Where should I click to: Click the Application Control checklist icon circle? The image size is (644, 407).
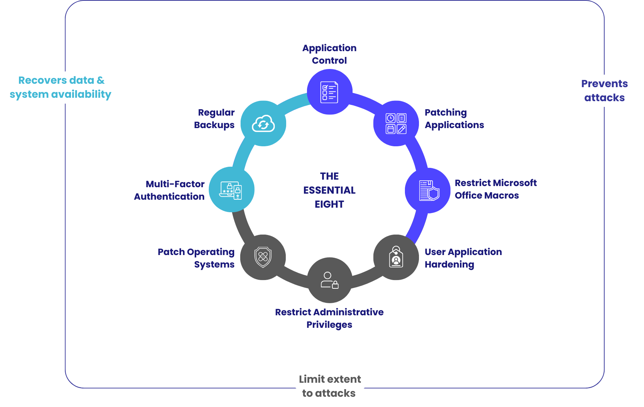click(x=329, y=92)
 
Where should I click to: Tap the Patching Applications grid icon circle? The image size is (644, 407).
click(x=396, y=124)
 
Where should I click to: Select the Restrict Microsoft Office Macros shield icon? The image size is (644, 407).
click(x=428, y=190)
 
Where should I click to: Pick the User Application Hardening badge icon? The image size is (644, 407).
click(x=396, y=257)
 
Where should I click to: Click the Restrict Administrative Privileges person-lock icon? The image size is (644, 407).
click(x=329, y=280)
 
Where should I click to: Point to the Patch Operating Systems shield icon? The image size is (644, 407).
click(x=263, y=257)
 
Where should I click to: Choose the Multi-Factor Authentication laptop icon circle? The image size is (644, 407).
click(x=231, y=189)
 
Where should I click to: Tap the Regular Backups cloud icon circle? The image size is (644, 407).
click(x=263, y=124)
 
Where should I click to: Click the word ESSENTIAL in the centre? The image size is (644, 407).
click(x=329, y=190)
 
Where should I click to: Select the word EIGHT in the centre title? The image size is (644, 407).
click(x=329, y=204)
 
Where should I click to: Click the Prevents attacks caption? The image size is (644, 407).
click(x=604, y=91)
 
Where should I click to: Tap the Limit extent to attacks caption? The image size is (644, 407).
click(x=329, y=386)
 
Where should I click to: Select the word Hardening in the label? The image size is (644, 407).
click(x=449, y=265)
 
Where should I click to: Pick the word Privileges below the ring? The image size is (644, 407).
click(x=329, y=325)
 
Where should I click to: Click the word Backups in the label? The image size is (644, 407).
click(x=214, y=125)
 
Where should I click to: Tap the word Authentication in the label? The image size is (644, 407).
click(x=169, y=197)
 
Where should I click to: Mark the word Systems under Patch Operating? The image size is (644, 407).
click(x=214, y=265)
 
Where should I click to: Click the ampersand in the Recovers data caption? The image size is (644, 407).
click(x=101, y=80)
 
